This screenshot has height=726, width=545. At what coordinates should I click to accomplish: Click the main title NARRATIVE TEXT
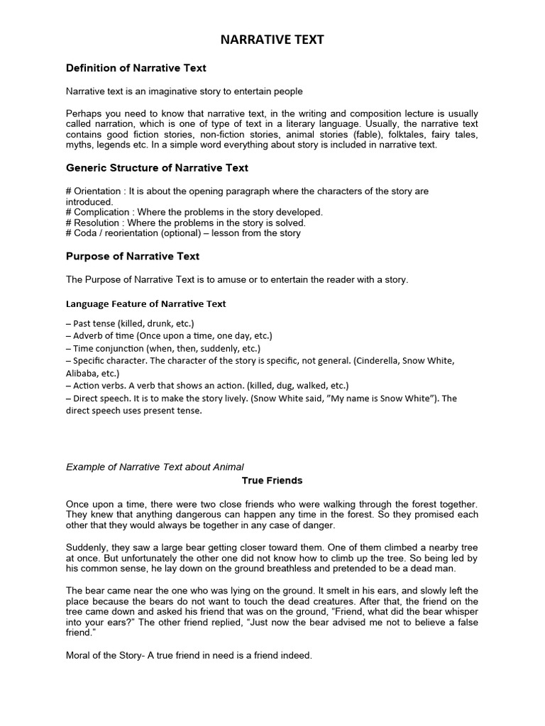tap(272, 40)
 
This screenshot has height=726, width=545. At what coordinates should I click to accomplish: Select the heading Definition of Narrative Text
tap(136, 68)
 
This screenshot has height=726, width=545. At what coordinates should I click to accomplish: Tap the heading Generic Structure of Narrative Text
tap(157, 168)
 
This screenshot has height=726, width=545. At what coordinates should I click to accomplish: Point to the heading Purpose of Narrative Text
tap(133, 256)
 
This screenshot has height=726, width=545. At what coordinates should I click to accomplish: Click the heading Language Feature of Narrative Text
tap(145, 303)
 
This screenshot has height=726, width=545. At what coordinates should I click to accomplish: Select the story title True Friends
tap(272, 481)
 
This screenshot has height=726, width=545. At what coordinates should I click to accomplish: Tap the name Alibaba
tap(82, 373)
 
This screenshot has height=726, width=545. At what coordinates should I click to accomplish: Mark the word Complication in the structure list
tap(101, 212)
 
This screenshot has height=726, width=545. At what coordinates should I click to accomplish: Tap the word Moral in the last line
tap(79, 656)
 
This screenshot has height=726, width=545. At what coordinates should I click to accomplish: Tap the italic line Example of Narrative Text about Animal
tap(155, 467)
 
